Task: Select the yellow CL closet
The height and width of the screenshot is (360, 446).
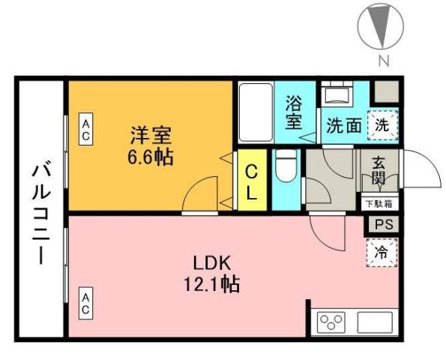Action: pos(253,182)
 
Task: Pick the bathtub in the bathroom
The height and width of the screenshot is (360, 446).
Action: pos(255,112)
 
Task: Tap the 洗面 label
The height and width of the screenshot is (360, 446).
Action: pos(343,125)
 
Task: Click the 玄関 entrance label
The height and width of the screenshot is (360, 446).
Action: pos(379,172)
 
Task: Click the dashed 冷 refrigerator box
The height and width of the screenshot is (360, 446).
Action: pos(382,252)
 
